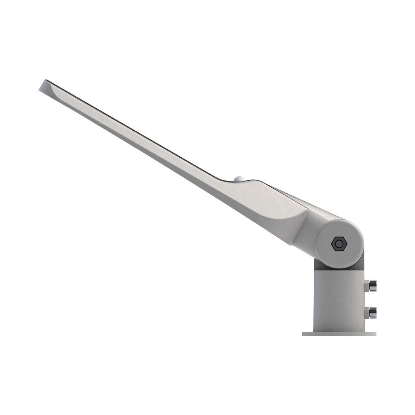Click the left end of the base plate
[x=304, y=334]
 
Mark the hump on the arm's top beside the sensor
[x=253, y=181]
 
